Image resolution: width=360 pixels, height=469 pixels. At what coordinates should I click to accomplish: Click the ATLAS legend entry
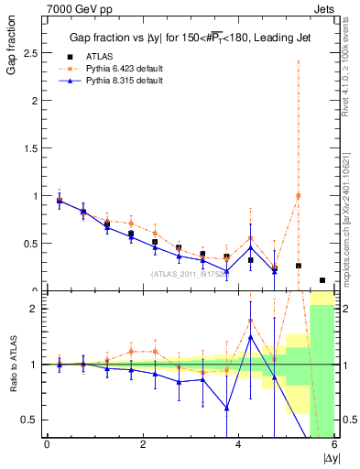[99, 55]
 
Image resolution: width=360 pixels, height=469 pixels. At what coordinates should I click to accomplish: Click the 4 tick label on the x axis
[238, 444]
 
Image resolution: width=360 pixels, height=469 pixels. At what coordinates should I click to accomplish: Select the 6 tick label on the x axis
[333, 444]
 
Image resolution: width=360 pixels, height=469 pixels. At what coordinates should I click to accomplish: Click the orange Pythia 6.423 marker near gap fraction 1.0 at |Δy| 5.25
[298, 196]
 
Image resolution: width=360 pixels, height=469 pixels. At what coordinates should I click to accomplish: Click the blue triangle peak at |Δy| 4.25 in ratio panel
[250, 337]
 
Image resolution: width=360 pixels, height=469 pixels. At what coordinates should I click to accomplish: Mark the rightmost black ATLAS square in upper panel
[322, 280]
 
